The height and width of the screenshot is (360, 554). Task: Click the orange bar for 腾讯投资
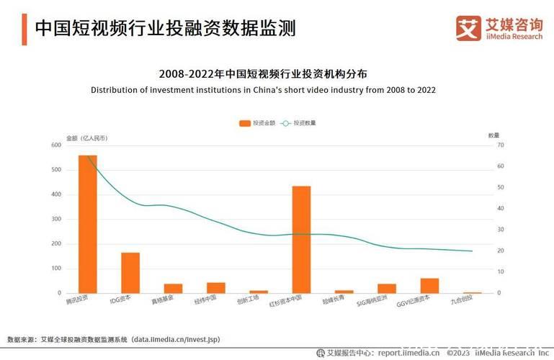[x=87, y=224]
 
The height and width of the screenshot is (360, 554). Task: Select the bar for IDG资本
[x=130, y=273]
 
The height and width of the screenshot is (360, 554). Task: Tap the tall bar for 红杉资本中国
[x=301, y=239]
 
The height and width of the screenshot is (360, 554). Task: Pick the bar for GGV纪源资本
[x=429, y=285]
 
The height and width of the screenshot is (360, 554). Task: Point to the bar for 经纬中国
[x=216, y=287]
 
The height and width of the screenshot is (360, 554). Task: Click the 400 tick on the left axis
[x=56, y=194]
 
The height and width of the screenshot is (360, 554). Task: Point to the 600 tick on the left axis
[x=56, y=145]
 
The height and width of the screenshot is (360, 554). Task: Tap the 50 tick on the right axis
[x=501, y=187]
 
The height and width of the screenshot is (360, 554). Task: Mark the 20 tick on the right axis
[x=501, y=251]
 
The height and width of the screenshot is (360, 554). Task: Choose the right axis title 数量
[x=493, y=135]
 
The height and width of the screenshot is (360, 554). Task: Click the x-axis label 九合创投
[x=462, y=302]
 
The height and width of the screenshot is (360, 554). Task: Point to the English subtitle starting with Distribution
[x=263, y=90]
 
